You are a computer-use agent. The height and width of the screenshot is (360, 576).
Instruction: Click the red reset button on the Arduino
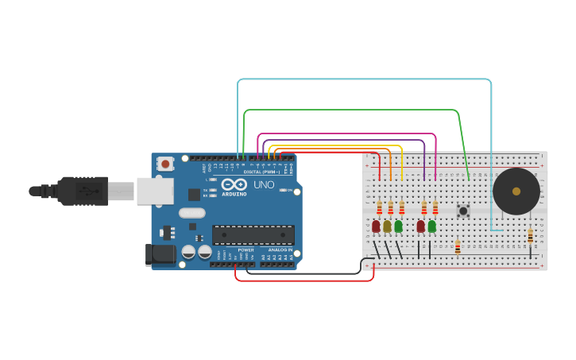coord(165,164)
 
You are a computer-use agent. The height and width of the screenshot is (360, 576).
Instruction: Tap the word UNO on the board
coord(264,185)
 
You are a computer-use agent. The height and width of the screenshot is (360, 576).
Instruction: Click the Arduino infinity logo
coord(234,184)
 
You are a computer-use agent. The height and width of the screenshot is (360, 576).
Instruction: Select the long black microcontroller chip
coord(253,234)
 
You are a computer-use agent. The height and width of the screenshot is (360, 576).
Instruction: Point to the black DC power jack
coord(159,254)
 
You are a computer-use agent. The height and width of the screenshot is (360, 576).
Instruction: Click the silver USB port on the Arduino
coord(155,191)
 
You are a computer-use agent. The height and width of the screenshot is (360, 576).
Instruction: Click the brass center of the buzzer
coord(516,191)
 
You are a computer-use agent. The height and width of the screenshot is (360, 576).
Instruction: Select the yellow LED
coord(387,226)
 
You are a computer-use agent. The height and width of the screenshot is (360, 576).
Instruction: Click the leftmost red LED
coord(376,226)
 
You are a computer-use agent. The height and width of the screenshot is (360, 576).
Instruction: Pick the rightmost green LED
coord(431,226)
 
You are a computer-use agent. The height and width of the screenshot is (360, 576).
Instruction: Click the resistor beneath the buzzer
coord(530,236)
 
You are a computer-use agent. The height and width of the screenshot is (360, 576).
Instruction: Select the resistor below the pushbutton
coord(458,246)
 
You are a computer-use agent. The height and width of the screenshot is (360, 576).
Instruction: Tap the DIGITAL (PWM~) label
coord(262,172)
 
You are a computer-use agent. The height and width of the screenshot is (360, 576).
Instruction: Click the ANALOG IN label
coord(279,250)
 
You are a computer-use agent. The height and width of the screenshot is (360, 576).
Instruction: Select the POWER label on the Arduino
coord(245,250)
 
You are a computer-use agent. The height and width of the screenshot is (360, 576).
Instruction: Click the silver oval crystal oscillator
coord(191,212)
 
